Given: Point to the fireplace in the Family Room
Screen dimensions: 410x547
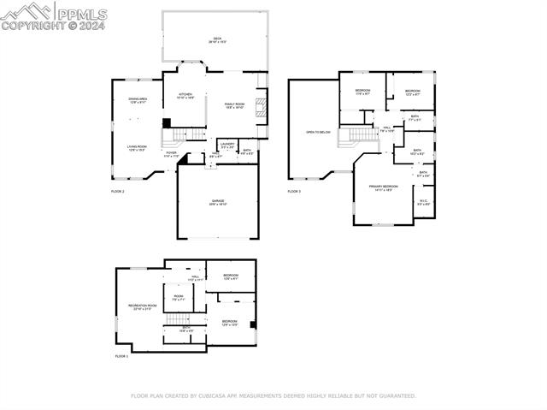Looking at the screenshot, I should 262,105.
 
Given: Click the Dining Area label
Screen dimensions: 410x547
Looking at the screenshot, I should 138,100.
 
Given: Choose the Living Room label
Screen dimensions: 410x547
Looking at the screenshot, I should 138,148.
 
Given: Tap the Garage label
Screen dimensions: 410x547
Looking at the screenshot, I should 218,202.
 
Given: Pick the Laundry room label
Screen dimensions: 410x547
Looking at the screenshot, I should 226,145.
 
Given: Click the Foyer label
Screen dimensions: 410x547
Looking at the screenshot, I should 171,154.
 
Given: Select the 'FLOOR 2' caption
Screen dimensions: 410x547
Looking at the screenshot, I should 118,191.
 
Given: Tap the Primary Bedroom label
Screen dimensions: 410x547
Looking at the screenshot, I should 383,187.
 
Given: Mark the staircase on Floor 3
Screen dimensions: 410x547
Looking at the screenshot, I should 357,136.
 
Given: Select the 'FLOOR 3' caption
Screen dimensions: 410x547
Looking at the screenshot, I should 294,191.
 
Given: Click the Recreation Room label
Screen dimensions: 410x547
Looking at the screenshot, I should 142,306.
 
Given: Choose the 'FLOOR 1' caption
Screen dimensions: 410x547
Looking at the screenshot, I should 121,355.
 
